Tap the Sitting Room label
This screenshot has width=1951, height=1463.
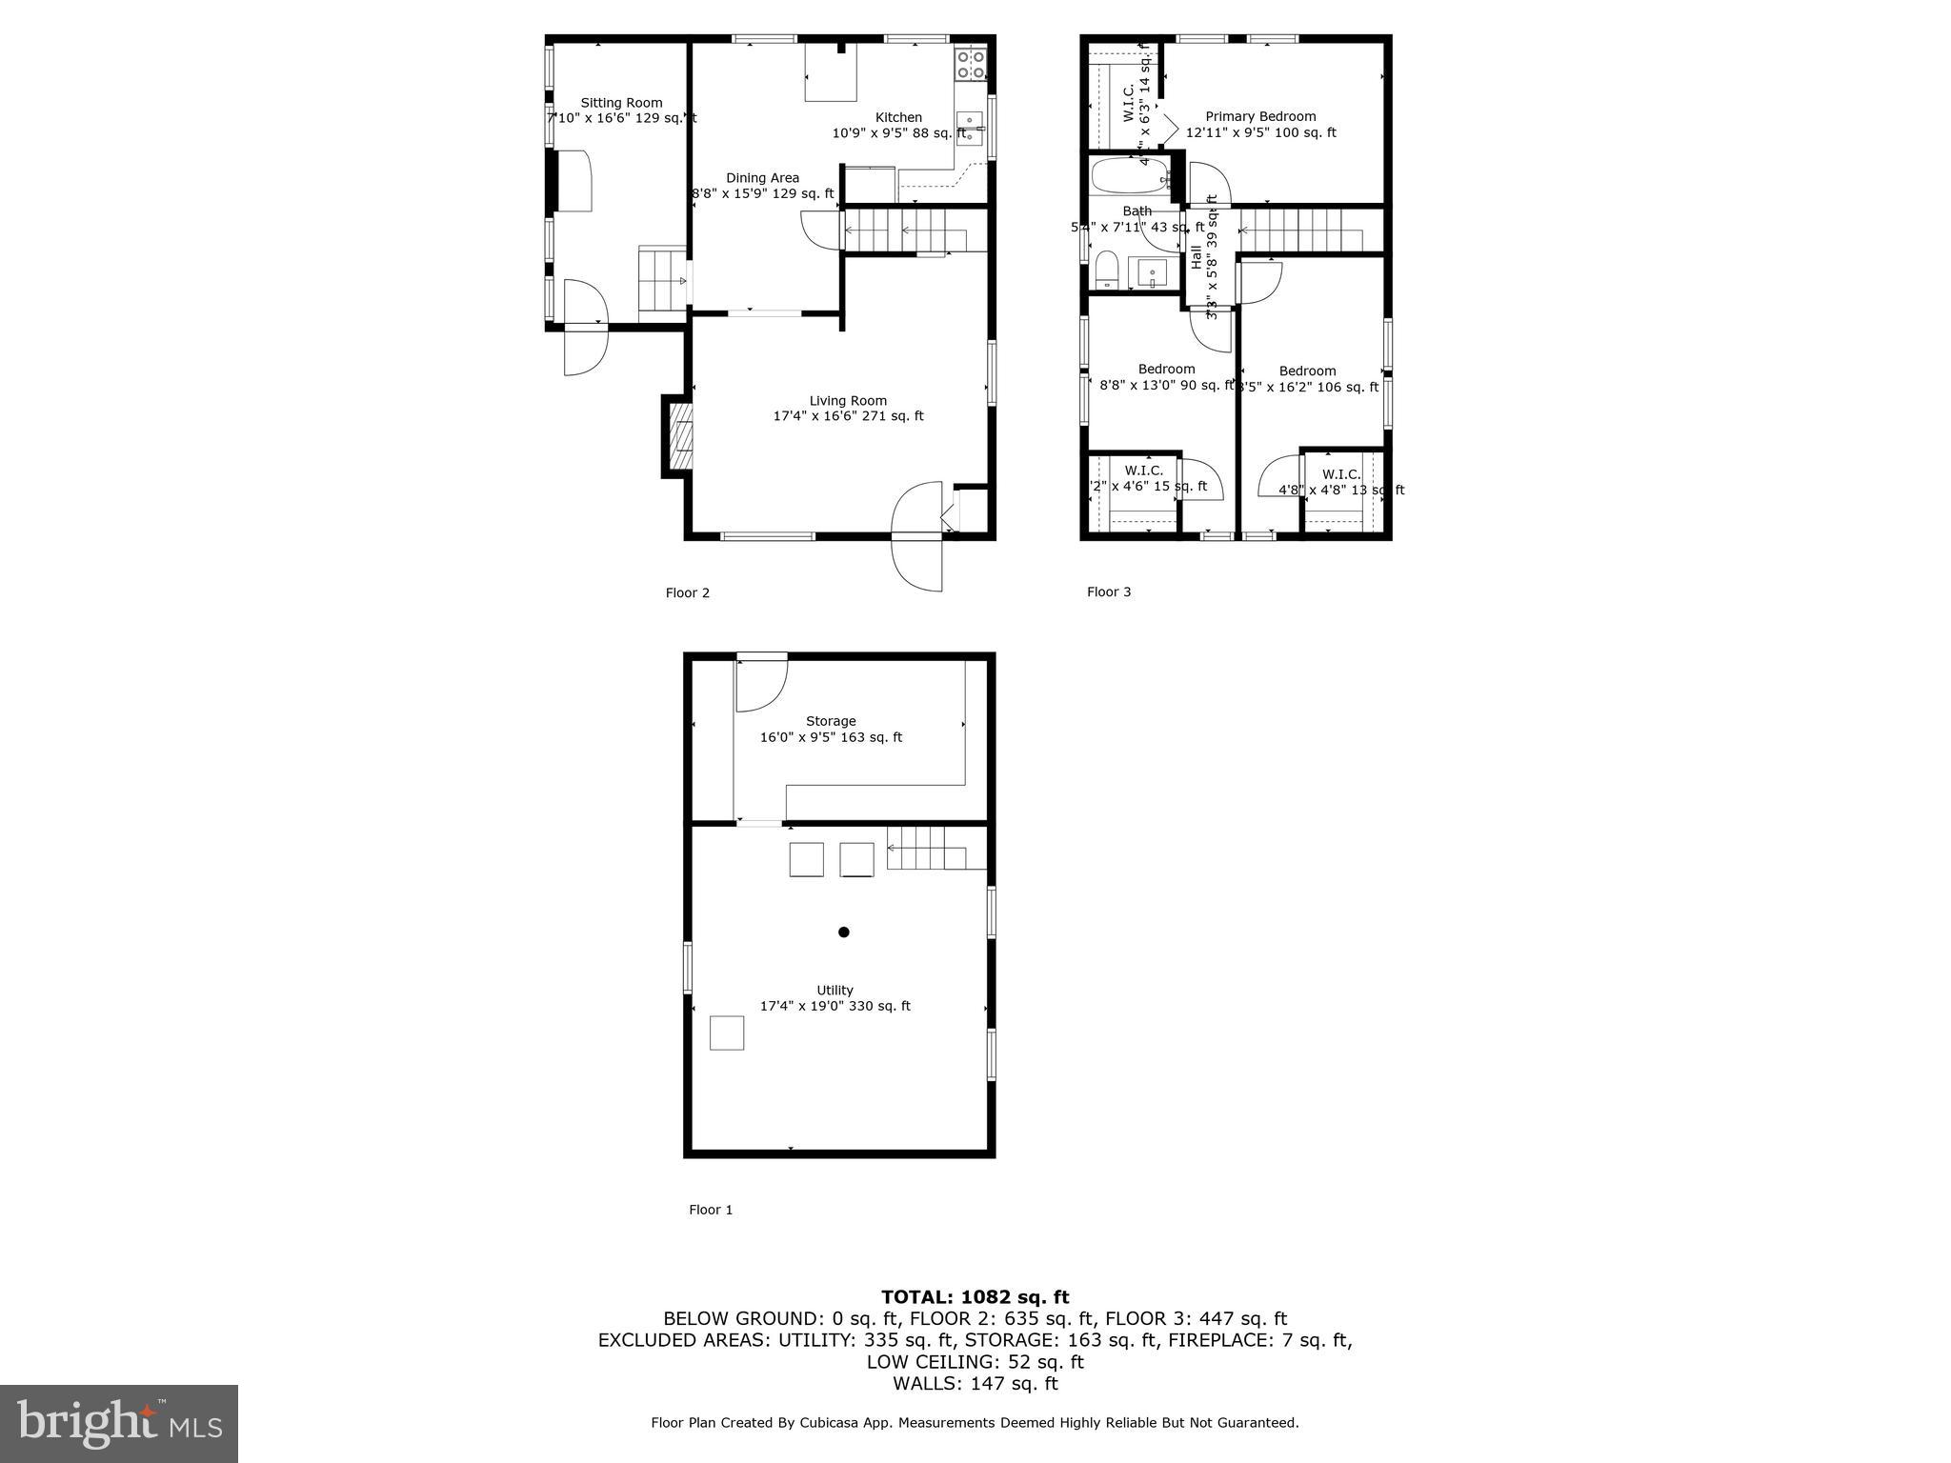point(621,103)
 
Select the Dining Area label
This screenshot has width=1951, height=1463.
point(762,178)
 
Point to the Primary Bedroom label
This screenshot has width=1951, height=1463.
point(1260,116)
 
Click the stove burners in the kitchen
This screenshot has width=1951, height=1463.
point(971,64)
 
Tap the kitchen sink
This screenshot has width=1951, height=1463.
point(969,129)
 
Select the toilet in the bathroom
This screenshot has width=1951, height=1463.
point(1106,270)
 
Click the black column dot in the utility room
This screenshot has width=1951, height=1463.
point(843,932)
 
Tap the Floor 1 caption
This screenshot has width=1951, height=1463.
point(711,1210)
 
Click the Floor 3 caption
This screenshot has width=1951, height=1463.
point(1109,591)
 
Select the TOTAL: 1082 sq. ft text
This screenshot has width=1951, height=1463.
point(975,1296)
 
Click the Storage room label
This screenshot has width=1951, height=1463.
point(831,721)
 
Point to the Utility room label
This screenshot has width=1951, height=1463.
point(835,990)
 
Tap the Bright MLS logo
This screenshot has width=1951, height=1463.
point(119,1423)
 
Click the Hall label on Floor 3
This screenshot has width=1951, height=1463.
point(1197,257)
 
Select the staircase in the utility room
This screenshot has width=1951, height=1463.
point(935,848)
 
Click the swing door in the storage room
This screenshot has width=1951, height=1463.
point(759,684)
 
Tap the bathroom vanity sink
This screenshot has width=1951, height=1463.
point(1153,273)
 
